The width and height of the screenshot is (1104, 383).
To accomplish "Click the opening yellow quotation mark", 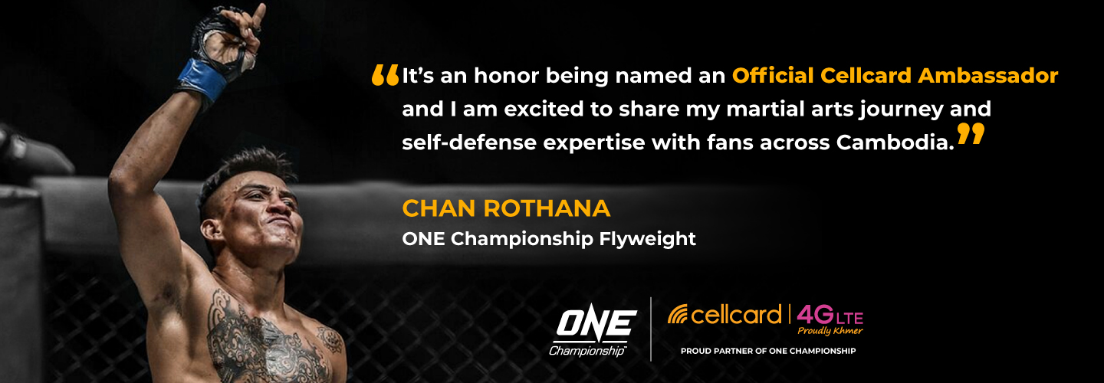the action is click(x=385, y=75).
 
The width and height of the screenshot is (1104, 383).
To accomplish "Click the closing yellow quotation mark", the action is click(x=971, y=134).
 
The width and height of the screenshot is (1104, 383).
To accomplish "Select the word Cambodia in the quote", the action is click(x=895, y=142).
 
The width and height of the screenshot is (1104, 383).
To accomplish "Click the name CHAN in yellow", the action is click(x=439, y=208).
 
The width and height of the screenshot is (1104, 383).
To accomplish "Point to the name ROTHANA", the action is click(x=547, y=208).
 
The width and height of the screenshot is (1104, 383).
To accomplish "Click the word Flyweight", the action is click(x=647, y=240).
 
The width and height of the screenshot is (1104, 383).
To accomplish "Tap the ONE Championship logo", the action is click(x=593, y=332).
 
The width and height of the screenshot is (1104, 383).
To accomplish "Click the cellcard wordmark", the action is click(x=736, y=315).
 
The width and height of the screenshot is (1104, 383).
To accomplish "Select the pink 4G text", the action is click(x=815, y=314).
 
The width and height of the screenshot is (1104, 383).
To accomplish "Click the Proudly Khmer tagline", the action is click(x=830, y=331).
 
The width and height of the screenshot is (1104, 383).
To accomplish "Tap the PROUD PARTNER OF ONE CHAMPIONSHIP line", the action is click(x=768, y=351).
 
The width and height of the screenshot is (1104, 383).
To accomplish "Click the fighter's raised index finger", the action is click(x=259, y=14).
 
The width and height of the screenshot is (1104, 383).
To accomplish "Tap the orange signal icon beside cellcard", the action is click(x=678, y=315).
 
